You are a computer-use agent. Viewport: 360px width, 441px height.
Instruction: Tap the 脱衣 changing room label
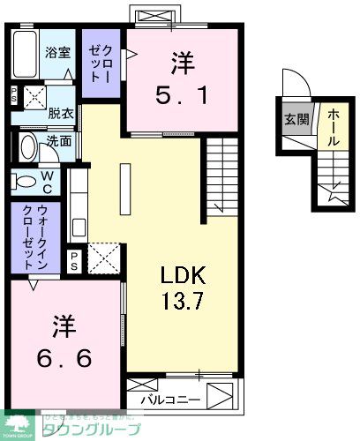pyautogui.click(x=59, y=113)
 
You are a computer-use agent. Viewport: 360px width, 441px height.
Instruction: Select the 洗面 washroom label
pyautogui.click(x=59, y=139)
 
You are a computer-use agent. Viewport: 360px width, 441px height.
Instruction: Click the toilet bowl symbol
pyautogui.click(x=25, y=181)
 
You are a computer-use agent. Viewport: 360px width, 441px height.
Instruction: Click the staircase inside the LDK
pyautogui.click(x=218, y=177)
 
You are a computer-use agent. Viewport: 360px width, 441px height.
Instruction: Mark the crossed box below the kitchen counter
pyautogui.click(x=104, y=259)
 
